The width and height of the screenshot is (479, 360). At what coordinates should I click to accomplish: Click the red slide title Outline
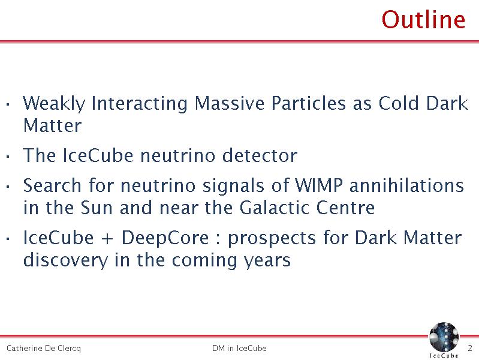pyautogui.click(x=423, y=20)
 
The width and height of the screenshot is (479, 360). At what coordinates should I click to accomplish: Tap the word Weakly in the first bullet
pyautogui.click(x=54, y=103)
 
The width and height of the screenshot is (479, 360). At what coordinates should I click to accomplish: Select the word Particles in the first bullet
pyautogui.click(x=309, y=103)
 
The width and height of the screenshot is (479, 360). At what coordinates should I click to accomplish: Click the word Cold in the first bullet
pyautogui.click(x=399, y=103)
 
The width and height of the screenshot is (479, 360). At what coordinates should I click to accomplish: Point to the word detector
pyautogui.click(x=260, y=155)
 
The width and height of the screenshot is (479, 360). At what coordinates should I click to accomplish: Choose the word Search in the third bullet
pyautogui.click(x=52, y=185)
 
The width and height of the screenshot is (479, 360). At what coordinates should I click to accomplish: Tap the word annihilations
pyautogui.click(x=406, y=185)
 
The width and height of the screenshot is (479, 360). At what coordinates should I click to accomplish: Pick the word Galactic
pyautogui.click(x=274, y=208)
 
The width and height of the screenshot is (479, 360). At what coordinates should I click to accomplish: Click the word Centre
pyautogui.click(x=345, y=208)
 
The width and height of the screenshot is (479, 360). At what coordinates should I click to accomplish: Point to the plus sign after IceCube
pyautogui.click(x=107, y=239)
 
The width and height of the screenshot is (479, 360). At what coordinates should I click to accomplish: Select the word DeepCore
pyautogui.click(x=165, y=238)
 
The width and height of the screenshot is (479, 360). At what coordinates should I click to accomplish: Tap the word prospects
pyautogui.click(x=272, y=239)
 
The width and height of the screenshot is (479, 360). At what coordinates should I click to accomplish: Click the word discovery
pyautogui.click(x=65, y=260)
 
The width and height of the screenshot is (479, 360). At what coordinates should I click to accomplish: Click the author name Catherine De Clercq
pyautogui.click(x=44, y=348)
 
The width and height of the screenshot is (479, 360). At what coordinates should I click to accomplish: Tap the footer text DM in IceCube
pyautogui.click(x=240, y=348)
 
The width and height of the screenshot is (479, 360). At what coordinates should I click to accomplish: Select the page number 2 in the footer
pyautogui.click(x=470, y=348)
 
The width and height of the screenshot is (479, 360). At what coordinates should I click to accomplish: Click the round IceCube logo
pyautogui.click(x=444, y=337)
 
